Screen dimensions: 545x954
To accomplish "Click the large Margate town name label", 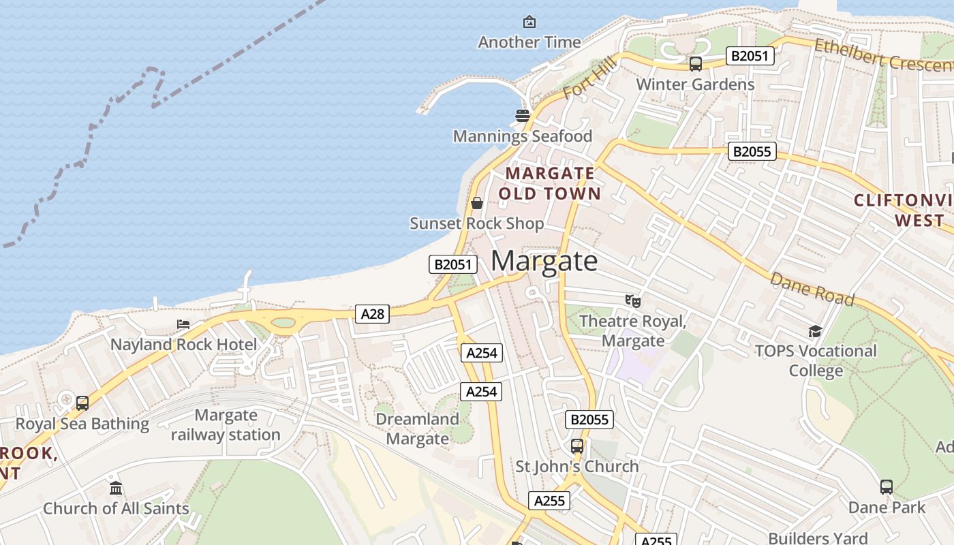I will tap(544, 261).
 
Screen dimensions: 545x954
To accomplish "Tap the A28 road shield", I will tap(372, 314).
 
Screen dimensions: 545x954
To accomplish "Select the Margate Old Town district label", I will tap(550, 183).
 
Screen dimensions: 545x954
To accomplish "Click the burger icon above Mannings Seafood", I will tap(523, 116).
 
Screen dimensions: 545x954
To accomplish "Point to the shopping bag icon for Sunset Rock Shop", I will tap(477, 203).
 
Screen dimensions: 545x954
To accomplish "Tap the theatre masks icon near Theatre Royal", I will tap(633, 300).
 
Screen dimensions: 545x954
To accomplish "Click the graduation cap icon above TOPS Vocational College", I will tap(815, 332).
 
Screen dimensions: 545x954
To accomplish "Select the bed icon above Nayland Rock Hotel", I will tap(183, 324).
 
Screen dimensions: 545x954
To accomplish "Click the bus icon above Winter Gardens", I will tap(695, 64).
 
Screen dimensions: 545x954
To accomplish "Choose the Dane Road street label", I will tap(812, 290).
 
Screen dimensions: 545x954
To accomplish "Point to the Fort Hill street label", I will tap(590, 77).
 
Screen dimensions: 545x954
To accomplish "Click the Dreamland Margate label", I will tap(418, 429).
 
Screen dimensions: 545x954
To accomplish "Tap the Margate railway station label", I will tap(226, 424).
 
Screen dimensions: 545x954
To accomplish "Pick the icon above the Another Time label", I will tap(529, 22).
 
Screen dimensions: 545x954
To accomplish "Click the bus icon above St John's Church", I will tap(577, 446).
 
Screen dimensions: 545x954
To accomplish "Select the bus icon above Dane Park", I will tap(887, 487).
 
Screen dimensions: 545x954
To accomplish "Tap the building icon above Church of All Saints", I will tap(116, 488).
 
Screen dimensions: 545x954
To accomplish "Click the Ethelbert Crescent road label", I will tap(883, 54).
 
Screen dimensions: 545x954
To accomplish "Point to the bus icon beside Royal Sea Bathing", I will tap(82, 403).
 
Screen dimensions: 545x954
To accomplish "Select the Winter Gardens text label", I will tap(695, 84).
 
